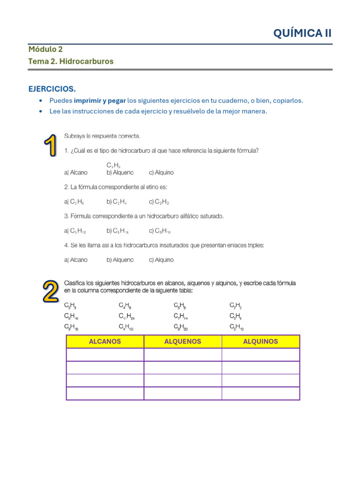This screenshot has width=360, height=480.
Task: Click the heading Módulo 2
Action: [45, 49]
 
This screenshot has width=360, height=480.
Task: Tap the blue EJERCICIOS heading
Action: [52, 89]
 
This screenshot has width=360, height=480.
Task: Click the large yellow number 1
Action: [51, 146]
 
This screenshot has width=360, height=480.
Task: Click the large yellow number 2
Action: [51, 292]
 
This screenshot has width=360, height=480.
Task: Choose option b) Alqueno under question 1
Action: [120, 172]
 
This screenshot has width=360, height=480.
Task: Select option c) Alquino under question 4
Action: [161, 260]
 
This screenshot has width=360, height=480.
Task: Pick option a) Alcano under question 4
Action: [75, 260]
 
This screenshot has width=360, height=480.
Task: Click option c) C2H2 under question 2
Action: [159, 202]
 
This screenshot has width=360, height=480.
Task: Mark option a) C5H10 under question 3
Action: [75, 231]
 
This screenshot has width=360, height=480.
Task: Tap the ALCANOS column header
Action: [105, 342]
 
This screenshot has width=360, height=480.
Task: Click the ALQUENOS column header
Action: [183, 342]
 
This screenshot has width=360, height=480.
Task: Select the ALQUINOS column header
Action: [261, 342]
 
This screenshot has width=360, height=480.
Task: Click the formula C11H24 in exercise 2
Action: [127, 316]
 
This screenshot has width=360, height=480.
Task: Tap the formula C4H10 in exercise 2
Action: [126, 327]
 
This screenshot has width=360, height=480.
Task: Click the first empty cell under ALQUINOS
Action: [261, 355]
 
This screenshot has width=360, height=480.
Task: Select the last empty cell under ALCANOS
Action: [105, 393]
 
